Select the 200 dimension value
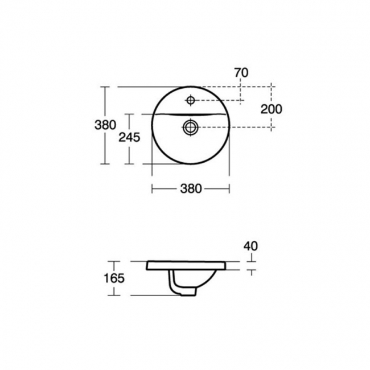tap(272, 109)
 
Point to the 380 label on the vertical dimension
tap(105, 125)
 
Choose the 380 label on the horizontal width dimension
tap(191, 189)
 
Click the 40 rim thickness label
tap(250, 246)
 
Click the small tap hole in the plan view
tap(191, 101)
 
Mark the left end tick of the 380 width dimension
tap(151, 189)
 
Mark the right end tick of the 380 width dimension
tap(229, 189)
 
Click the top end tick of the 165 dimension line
tap(116, 261)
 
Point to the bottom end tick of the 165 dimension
tap(116, 296)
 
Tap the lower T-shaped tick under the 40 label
tap(251, 272)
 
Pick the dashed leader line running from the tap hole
tap(219, 101)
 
